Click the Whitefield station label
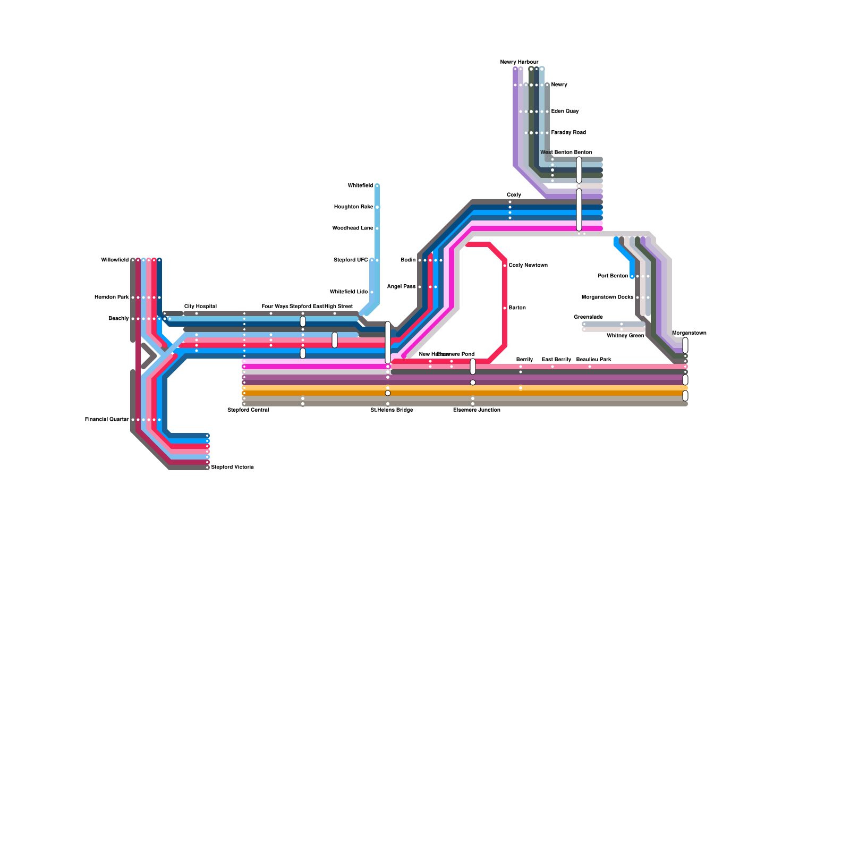pos(360,186)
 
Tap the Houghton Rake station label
pos(353,207)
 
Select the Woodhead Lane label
pos(352,228)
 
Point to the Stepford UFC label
pos(351,260)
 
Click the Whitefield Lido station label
pos(348,292)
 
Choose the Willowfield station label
pos(115,260)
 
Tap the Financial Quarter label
pos(107,420)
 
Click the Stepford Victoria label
pos(232,467)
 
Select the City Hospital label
pos(200,307)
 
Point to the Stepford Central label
pos(248,410)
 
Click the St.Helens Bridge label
pos(392,410)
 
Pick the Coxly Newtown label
pos(528,266)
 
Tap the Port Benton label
pos(613,276)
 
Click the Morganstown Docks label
pos(607,297)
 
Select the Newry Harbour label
pos(519,62)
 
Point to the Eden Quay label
pos(565,112)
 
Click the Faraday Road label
pos(568,133)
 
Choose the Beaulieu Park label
pos(593,360)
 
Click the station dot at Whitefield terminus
pos(377,186)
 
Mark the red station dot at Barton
pos(505,308)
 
